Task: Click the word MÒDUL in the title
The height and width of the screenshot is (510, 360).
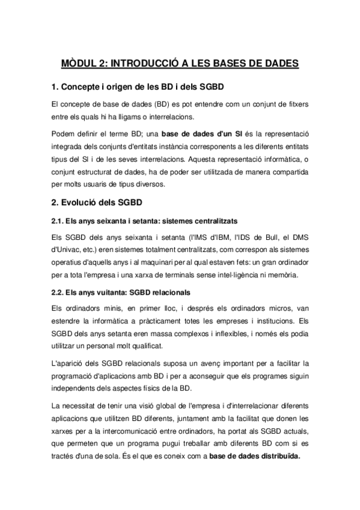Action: click(x=82, y=64)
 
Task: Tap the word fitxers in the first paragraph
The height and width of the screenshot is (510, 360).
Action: click(x=296, y=104)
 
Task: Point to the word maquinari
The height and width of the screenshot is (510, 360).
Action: click(x=163, y=261)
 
